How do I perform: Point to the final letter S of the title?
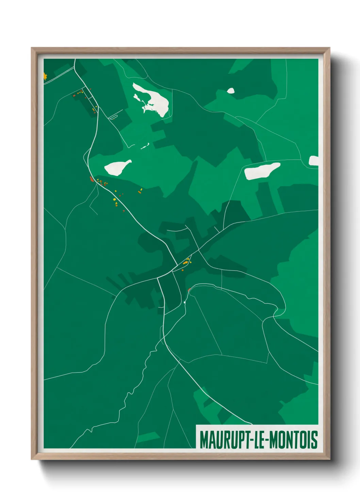(315, 440)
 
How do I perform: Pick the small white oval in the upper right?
(231, 91)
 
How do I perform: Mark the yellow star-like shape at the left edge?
(45, 76)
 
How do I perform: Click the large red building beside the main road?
(91, 179)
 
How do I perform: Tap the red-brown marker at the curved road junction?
(189, 290)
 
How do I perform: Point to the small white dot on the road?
(184, 302)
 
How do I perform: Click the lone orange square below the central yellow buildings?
(183, 270)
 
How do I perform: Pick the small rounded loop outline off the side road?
(113, 117)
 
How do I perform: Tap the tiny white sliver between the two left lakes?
(145, 146)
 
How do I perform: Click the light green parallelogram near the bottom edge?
(148, 437)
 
